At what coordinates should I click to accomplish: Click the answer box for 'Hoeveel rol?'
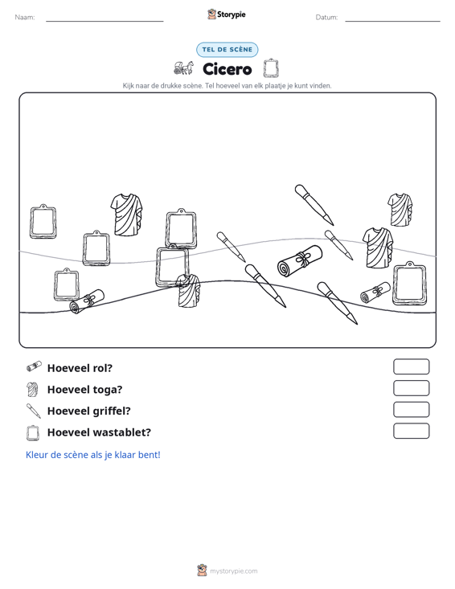click(x=411, y=366)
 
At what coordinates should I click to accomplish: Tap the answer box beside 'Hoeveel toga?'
click(x=411, y=388)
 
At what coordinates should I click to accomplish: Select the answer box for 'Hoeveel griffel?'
click(x=411, y=410)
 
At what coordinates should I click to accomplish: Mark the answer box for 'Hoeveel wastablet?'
click(x=411, y=431)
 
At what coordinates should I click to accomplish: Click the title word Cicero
click(x=227, y=69)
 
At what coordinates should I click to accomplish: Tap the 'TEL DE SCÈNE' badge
click(x=227, y=50)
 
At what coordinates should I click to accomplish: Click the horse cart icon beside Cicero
click(x=183, y=68)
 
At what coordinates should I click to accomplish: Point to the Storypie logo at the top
click(x=227, y=14)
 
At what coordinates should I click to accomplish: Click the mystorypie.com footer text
click(x=233, y=571)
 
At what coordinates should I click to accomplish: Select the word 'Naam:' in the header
click(x=25, y=18)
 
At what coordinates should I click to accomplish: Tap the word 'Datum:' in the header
click(x=326, y=18)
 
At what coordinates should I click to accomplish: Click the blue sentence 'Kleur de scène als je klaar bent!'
click(x=92, y=455)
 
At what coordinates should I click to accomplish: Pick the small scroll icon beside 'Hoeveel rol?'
click(x=34, y=366)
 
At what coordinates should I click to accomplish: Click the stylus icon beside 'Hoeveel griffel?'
click(x=34, y=411)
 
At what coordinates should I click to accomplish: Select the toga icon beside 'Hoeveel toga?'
click(x=33, y=389)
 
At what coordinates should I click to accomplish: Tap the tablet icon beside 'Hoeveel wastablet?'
click(x=33, y=432)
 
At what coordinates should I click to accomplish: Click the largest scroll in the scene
click(x=300, y=261)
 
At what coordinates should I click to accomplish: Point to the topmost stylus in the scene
click(x=314, y=205)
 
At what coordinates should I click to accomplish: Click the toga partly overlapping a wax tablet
click(x=189, y=291)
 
